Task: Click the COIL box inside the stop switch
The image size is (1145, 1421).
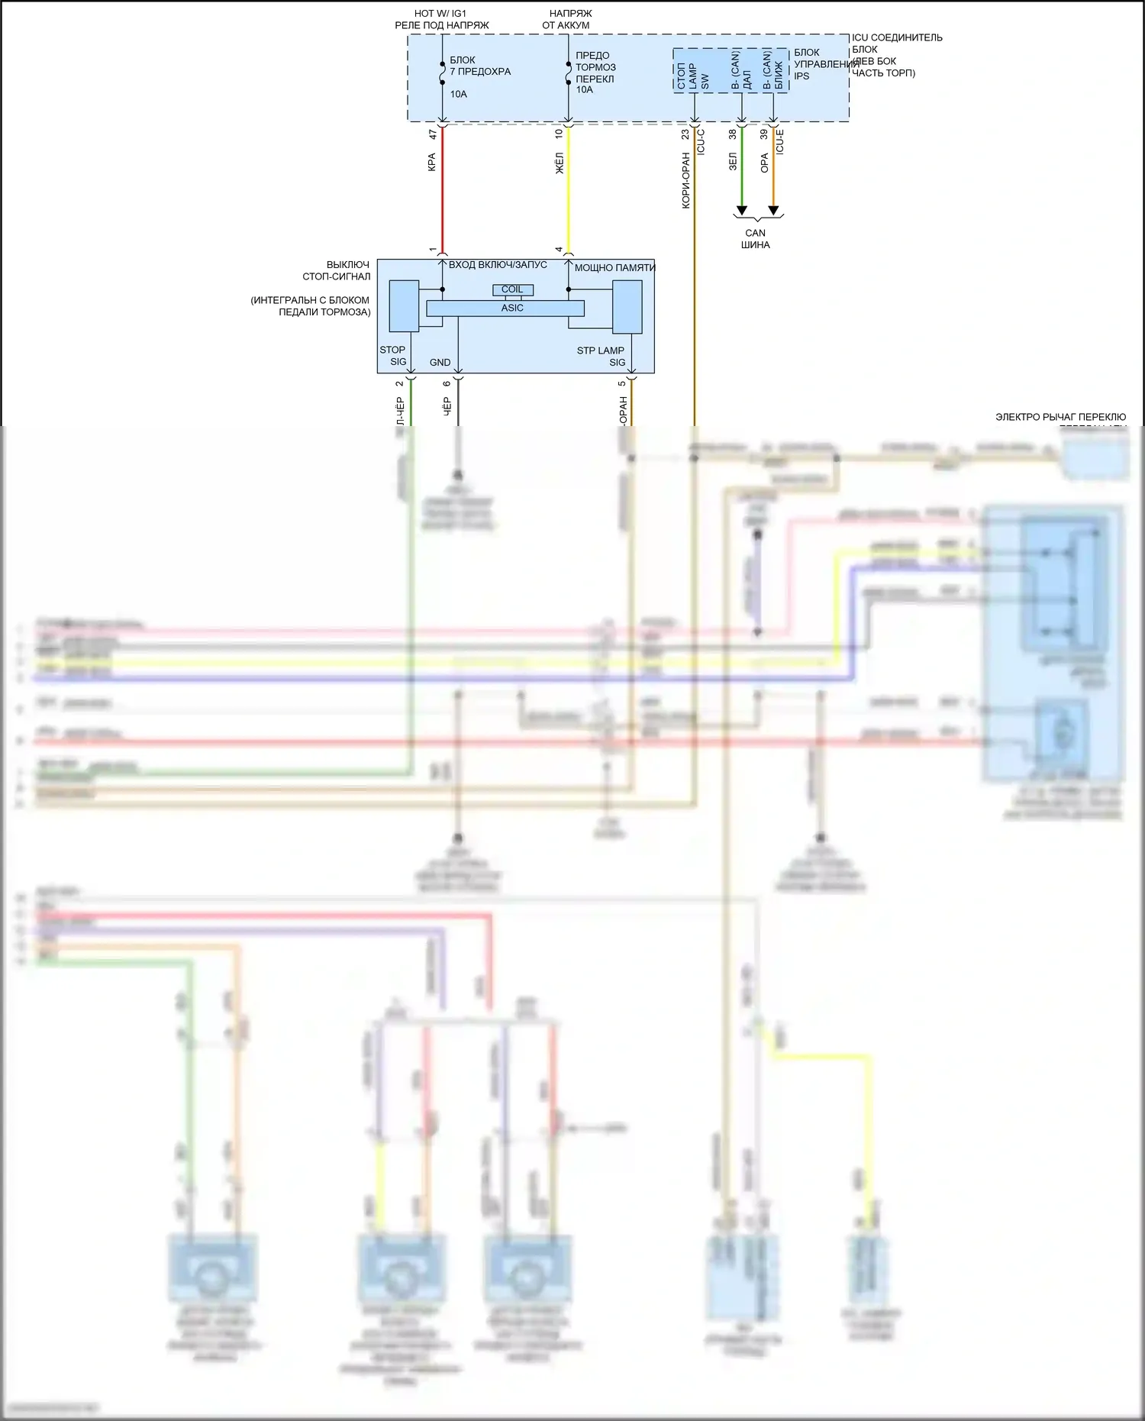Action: (x=512, y=289)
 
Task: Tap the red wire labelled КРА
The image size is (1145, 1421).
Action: (x=443, y=191)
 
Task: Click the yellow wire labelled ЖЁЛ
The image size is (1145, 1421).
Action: (x=568, y=191)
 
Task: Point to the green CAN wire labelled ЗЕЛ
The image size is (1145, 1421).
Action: (x=741, y=168)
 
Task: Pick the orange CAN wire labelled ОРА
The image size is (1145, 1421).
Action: (x=773, y=168)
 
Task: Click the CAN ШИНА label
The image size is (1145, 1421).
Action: (x=755, y=239)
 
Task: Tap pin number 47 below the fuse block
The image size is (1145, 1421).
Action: (x=433, y=134)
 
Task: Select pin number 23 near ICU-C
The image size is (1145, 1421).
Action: (x=685, y=134)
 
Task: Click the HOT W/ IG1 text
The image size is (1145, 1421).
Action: (x=440, y=14)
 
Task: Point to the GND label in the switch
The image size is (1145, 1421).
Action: (x=440, y=363)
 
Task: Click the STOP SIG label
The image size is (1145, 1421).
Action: (x=393, y=356)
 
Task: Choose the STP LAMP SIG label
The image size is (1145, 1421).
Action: (x=602, y=356)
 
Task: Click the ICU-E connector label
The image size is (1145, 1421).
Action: (x=780, y=141)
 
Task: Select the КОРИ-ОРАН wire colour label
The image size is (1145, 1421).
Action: (x=685, y=180)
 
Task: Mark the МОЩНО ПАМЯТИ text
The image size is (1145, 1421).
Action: (x=614, y=268)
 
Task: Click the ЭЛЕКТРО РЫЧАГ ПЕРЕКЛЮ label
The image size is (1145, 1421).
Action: (x=1060, y=417)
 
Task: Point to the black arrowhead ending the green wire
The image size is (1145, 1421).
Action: (x=741, y=211)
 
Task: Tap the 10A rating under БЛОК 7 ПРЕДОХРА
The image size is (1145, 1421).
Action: (x=458, y=94)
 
